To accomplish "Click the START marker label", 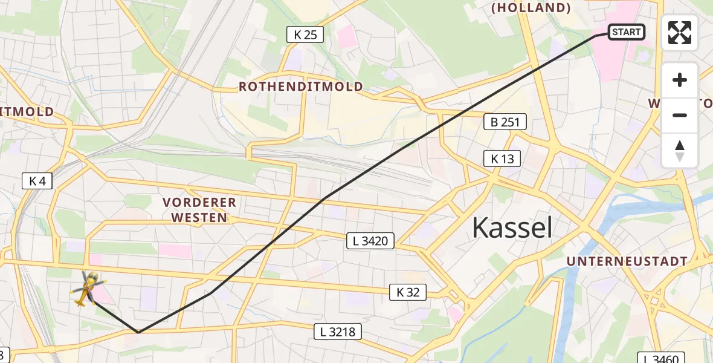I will [x=626, y=32].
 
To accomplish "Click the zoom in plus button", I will [x=680, y=80].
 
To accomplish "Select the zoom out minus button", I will [x=680, y=115].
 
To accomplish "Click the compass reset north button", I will [x=680, y=151].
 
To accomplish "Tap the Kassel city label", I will [x=512, y=228].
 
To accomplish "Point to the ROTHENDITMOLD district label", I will [x=301, y=87].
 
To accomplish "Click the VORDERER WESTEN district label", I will [x=199, y=210].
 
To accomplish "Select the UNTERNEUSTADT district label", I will [x=627, y=261].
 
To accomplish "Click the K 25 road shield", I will [x=305, y=35].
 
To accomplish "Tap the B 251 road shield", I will [x=505, y=122].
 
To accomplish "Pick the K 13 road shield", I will [x=502, y=159].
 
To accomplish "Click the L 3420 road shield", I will [x=370, y=241].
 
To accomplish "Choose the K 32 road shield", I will [x=408, y=293].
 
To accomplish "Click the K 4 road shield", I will [x=37, y=180].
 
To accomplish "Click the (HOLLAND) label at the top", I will [x=531, y=8].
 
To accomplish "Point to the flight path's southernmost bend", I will [x=138, y=332].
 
